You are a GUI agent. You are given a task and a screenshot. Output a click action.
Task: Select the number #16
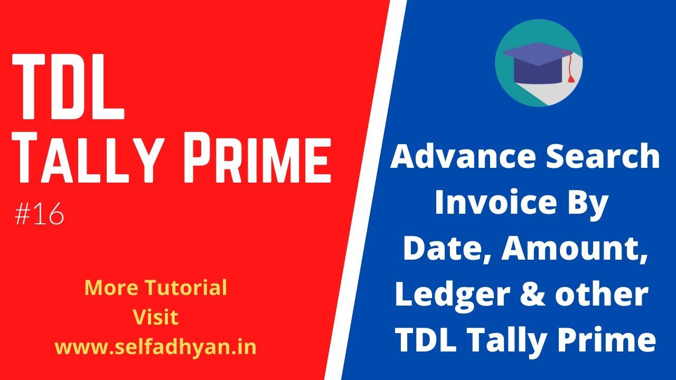tap(40, 215)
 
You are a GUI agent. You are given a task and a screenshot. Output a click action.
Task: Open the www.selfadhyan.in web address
tap(155, 347)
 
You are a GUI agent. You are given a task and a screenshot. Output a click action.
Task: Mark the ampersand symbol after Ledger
tap(529, 295)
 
